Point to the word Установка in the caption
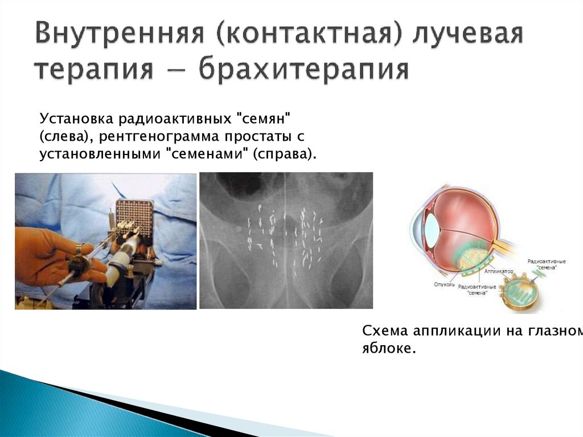(x=77, y=120)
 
